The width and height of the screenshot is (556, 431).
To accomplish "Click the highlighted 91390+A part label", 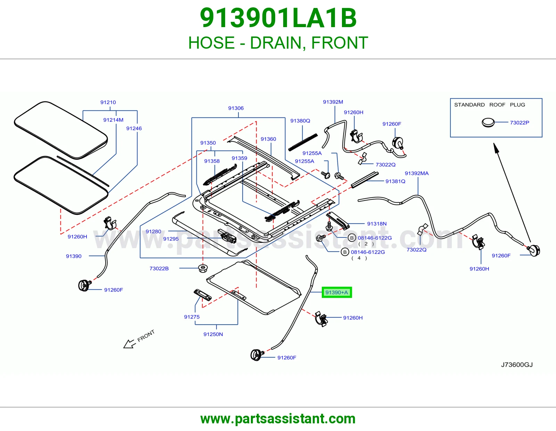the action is [x=337, y=292].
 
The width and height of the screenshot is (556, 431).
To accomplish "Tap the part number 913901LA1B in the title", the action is [x=278, y=18].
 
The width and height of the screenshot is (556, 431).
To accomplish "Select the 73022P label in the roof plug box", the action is [x=520, y=123].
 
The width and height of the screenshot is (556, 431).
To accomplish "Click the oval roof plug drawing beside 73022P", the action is [x=488, y=123].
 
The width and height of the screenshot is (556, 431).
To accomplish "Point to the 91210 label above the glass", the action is [x=108, y=103].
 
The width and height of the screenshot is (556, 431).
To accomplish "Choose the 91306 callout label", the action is [x=236, y=108].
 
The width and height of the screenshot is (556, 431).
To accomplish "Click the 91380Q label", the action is [x=300, y=121].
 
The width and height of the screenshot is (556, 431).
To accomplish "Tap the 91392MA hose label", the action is [x=417, y=173].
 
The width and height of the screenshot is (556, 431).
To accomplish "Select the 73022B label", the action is [x=159, y=268].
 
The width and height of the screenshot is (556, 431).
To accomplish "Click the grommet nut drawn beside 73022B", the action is [x=203, y=268].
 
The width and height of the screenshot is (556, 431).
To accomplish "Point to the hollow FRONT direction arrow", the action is [x=130, y=343].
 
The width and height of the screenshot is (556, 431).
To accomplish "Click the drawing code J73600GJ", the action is [x=517, y=365].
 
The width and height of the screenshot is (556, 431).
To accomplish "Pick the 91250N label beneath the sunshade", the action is [x=213, y=334].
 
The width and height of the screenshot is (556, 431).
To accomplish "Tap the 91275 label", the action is [x=192, y=317].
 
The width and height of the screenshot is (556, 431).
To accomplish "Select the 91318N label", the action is [x=377, y=224].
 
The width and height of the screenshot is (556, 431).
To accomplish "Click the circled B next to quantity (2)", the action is [x=352, y=238].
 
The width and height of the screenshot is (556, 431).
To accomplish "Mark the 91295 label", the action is [x=171, y=239].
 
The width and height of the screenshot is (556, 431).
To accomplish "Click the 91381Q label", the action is [x=395, y=181].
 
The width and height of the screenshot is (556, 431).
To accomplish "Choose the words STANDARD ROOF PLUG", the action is [x=490, y=105].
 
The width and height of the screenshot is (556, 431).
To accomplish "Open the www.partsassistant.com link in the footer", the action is [x=278, y=419].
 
